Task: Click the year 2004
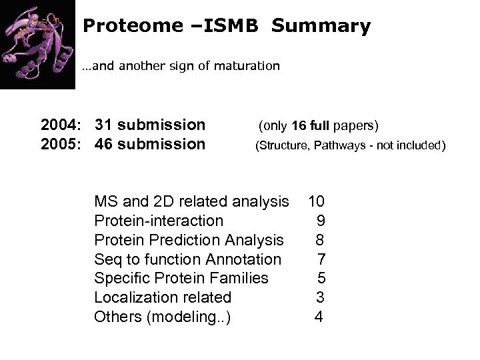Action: coord(61,125)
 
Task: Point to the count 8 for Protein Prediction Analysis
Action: coord(319,239)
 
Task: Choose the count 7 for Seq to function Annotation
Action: coord(321,259)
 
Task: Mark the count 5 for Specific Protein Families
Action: coord(321,278)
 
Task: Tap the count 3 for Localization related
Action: coord(319,297)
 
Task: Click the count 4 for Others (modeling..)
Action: coord(319,317)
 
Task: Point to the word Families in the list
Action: coord(237,278)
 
